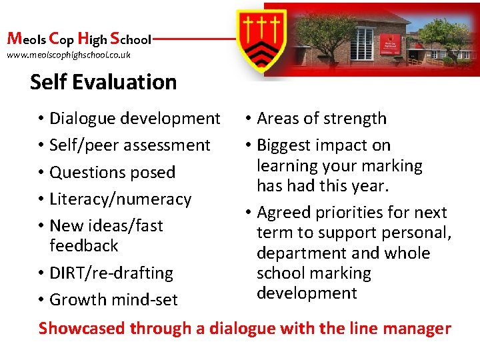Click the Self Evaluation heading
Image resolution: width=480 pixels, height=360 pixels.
click(x=103, y=82)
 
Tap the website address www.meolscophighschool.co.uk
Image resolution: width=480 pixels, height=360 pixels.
click(x=69, y=55)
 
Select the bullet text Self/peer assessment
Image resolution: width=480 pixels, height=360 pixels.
click(x=130, y=145)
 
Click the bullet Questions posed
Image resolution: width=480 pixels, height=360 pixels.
click(x=112, y=172)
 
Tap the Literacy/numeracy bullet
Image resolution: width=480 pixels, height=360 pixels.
click(x=120, y=199)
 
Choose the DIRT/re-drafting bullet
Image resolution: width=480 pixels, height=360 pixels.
click(x=111, y=273)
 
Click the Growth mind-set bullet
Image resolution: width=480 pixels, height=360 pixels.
click(x=113, y=300)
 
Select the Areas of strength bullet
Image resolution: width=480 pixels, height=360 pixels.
click(x=321, y=119)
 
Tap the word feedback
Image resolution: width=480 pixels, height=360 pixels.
click(x=83, y=246)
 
